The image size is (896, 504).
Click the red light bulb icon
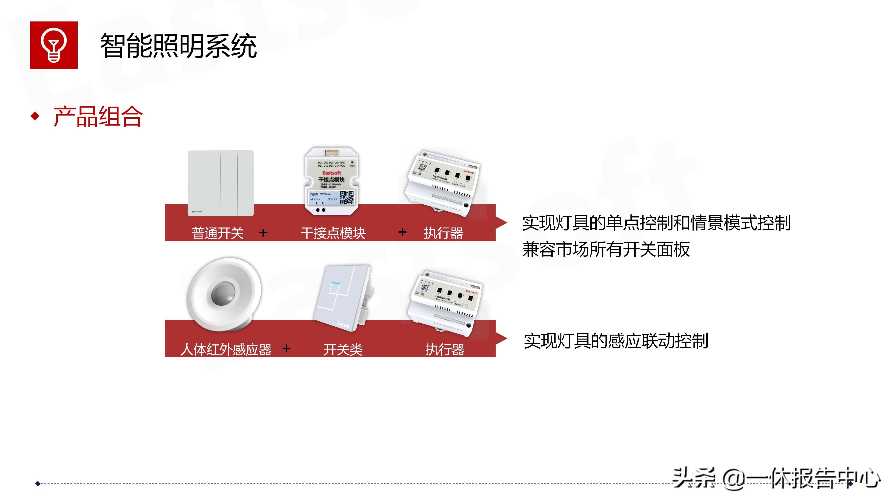click(x=54, y=45)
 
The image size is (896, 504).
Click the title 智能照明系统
click(x=178, y=46)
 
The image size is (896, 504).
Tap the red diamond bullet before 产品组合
click(x=35, y=116)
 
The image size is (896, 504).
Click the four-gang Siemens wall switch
click(x=220, y=183)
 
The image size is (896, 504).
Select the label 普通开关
click(x=217, y=233)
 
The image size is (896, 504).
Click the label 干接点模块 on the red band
click(x=333, y=233)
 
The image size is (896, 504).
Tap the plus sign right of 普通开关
click(x=263, y=232)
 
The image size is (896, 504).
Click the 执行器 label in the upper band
click(x=443, y=233)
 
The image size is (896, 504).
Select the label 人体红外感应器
click(x=226, y=349)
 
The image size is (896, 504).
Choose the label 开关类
click(x=343, y=349)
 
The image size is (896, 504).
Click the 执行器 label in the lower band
click(x=445, y=349)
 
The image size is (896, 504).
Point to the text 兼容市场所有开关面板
click(x=605, y=249)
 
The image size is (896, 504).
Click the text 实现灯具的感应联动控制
click(x=616, y=341)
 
